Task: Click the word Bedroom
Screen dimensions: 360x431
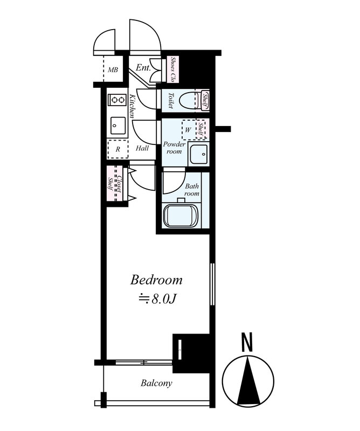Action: [156, 280]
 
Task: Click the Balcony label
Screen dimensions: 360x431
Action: [156, 383]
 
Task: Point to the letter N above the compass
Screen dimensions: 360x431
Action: [247, 342]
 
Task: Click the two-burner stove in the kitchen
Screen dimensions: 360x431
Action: [117, 100]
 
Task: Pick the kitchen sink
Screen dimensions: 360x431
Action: [118, 126]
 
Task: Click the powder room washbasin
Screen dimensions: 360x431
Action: [198, 154]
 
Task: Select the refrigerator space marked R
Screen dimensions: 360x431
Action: [118, 149]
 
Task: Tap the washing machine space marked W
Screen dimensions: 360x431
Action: [189, 130]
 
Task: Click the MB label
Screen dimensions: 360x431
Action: [113, 70]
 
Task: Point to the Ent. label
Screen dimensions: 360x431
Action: [143, 67]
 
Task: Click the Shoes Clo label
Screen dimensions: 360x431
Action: [173, 69]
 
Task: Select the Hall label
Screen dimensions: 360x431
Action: [142, 149]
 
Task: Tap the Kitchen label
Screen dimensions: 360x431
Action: [132, 106]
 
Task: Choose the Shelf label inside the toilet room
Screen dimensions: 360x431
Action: [205, 100]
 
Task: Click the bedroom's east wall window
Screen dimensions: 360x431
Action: [212, 284]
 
